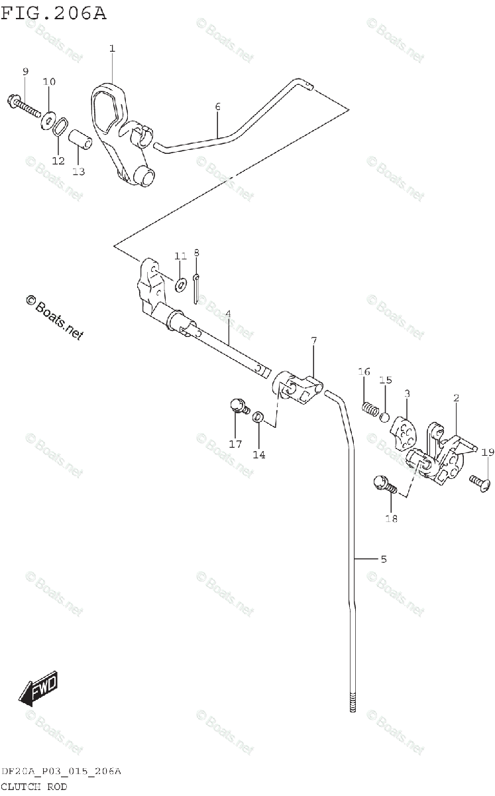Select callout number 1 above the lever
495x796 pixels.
[x=112, y=48]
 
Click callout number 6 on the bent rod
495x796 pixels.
[x=217, y=106]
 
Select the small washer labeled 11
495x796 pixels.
[x=180, y=285]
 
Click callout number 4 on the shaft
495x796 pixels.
[x=227, y=313]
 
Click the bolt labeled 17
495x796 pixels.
[x=237, y=407]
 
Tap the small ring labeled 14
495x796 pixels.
[x=259, y=417]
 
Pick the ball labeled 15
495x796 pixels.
[x=384, y=417]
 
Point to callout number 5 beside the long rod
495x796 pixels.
[x=384, y=559]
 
